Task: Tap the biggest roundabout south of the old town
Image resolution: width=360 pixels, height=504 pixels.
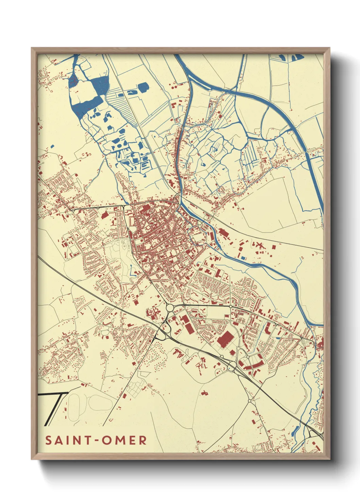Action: (x=169, y=308)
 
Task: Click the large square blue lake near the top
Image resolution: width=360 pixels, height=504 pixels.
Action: (x=100, y=85)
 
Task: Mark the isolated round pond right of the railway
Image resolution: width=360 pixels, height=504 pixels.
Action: (x=143, y=88)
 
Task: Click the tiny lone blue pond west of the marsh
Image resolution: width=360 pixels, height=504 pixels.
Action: (x=52, y=146)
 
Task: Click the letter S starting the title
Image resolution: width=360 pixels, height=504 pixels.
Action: (x=48, y=440)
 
